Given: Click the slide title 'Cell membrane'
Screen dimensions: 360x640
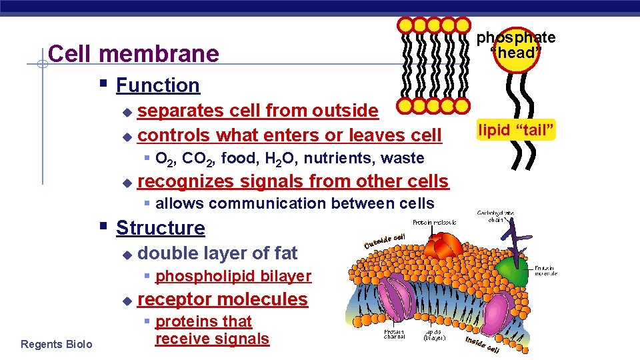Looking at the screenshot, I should (134, 54).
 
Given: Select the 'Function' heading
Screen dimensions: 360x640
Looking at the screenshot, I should (157, 85).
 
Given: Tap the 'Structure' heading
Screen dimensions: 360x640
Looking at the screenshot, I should (160, 228).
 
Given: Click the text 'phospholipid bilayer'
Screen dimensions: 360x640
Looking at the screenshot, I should (233, 276).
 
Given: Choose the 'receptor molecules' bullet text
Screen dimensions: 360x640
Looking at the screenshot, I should (222, 299).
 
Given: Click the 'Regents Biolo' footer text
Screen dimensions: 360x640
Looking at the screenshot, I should (57, 344).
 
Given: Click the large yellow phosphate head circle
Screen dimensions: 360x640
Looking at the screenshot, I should (516, 52).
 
